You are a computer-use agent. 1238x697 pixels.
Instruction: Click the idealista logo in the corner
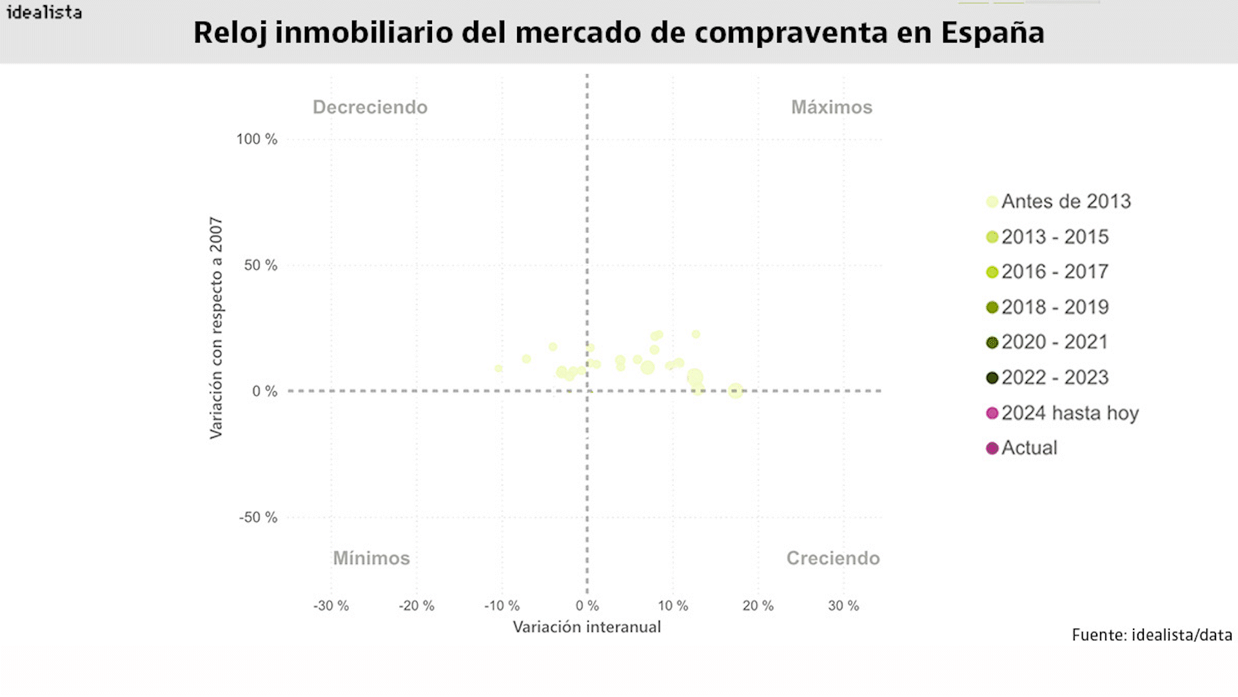tap(44, 12)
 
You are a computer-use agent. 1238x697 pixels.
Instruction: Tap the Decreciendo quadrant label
tap(369, 107)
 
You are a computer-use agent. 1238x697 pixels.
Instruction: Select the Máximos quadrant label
tap(831, 107)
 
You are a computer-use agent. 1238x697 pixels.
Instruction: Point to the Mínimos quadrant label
tap(371, 558)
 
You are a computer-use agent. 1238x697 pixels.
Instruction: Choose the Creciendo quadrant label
tap(832, 558)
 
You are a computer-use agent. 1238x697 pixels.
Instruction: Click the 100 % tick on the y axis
tap(257, 139)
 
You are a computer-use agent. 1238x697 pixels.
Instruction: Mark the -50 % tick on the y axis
tap(258, 518)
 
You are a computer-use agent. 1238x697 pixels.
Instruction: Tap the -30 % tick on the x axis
tap(331, 606)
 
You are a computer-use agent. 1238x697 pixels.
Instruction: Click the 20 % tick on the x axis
tap(758, 606)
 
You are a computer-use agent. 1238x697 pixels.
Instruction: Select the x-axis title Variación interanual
tap(587, 627)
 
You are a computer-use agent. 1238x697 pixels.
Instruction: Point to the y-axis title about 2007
tap(216, 328)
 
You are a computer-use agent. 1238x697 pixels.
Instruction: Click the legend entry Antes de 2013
tap(1065, 201)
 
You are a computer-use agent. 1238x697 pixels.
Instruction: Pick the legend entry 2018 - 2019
tap(1054, 307)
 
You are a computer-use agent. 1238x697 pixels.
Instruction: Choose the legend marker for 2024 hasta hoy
tap(992, 413)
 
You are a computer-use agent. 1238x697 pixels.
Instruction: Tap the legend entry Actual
tap(1028, 448)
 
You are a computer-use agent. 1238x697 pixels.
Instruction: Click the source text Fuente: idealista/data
tap(1152, 636)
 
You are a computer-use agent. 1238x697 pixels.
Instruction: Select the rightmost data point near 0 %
tap(735, 390)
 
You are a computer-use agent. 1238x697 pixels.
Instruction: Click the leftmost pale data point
tap(498, 369)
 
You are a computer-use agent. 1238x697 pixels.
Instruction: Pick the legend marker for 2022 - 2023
tap(992, 378)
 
